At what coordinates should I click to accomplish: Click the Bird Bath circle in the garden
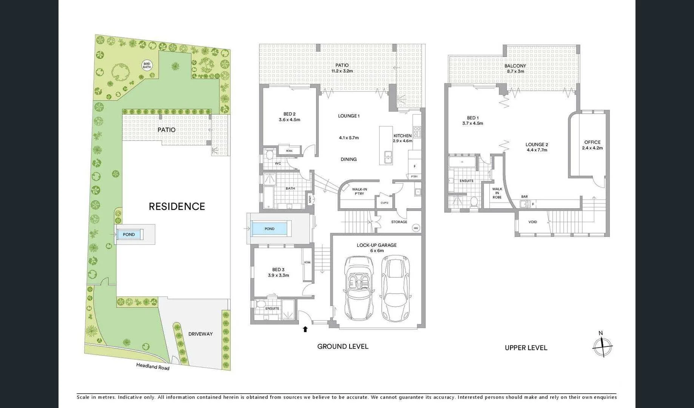[x=147, y=65]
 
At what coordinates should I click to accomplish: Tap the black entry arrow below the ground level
[x=305, y=329]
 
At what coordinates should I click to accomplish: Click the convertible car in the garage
[x=359, y=287]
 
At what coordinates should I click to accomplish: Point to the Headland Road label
[x=153, y=366]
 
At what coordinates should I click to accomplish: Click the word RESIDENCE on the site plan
[x=177, y=206]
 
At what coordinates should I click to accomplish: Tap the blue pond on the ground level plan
[x=269, y=229]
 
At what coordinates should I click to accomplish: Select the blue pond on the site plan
[x=129, y=234]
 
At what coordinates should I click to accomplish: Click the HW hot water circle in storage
[x=416, y=228]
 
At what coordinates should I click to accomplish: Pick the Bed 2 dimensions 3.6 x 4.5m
[x=289, y=120]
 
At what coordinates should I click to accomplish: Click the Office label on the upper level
[x=592, y=142]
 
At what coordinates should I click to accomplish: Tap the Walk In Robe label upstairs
[x=497, y=193]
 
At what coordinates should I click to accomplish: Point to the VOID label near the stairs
[x=532, y=222]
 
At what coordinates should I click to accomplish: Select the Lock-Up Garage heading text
[x=376, y=245]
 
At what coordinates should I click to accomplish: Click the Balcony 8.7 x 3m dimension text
[x=515, y=71]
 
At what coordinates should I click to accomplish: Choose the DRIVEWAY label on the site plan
[x=200, y=334]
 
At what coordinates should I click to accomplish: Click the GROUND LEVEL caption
[x=342, y=346]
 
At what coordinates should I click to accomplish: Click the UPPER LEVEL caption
[x=526, y=348]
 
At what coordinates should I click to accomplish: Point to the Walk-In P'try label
[x=359, y=191]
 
